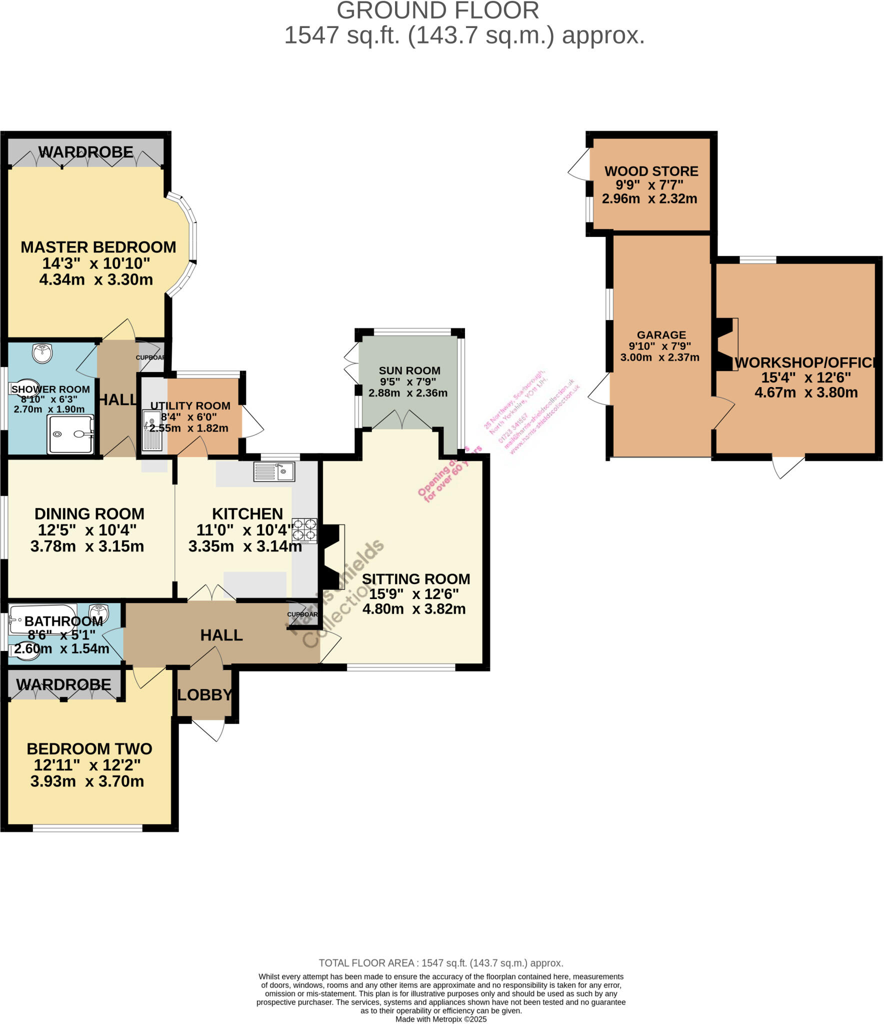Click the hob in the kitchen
tap(304, 530)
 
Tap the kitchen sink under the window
tap(274, 471)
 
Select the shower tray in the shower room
tap(70, 435)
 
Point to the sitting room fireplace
tap(331, 556)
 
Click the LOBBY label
tap(204, 694)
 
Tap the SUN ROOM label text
tap(409, 370)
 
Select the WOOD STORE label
tap(651, 171)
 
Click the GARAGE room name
tap(661, 335)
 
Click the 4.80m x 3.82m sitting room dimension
tap(413, 609)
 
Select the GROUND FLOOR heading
tap(437, 11)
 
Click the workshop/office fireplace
tap(726, 344)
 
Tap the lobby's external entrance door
tap(208, 729)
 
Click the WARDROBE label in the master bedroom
tap(85, 152)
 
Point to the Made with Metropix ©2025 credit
tap(440, 1019)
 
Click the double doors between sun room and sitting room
tap(402, 421)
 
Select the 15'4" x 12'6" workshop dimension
tap(805, 377)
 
